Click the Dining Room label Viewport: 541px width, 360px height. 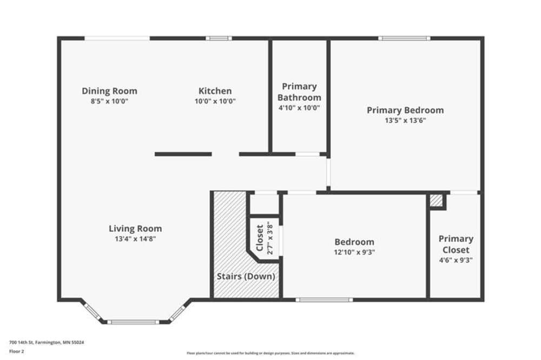point(109,91)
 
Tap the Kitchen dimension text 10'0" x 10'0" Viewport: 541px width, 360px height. point(215,101)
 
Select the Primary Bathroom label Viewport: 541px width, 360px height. point(299,92)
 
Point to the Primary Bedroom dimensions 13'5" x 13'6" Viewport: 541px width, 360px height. point(405,121)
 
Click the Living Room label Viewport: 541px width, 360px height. point(135,229)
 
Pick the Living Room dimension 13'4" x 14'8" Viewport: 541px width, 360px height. point(135,239)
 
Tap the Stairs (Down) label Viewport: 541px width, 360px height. point(246,276)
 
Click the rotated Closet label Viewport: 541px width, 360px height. point(259,238)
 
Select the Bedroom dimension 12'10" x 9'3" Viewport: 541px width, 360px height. point(354,252)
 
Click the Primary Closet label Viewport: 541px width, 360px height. point(456,244)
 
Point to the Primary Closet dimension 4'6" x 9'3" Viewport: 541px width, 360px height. point(456,260)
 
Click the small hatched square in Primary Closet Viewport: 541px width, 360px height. point(436,201)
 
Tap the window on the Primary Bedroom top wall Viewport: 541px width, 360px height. point(404,38)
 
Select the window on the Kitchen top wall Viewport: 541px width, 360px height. point(219,38)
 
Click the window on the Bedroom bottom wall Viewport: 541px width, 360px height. point(324,299)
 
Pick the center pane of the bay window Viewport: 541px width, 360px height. point(133,322)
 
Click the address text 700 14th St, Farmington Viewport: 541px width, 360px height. point(47,342)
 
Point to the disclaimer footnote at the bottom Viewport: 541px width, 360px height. point(270,353)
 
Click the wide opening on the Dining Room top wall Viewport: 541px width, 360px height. point(117,38)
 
